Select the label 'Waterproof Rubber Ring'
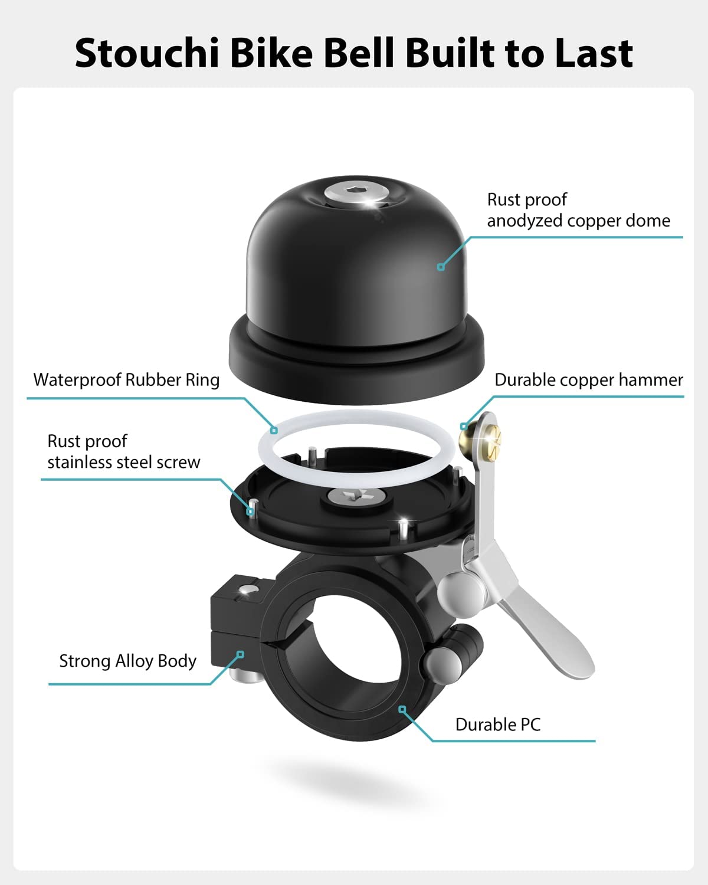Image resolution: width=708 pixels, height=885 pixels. [x=126, y=380]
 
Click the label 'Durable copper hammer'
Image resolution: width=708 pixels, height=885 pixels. [x=588, y=380]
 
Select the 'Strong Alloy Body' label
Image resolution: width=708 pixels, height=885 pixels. [x=127, y=661]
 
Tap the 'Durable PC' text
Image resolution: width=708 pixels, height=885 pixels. [x=497, y=725]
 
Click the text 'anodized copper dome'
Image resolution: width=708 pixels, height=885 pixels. [x=578, y=221]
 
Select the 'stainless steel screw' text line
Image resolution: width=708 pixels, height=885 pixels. [x=124, y=462]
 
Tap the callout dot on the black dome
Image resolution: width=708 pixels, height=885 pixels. [x=440, y=267]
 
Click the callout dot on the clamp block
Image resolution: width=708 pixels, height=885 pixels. [x=240, y=654]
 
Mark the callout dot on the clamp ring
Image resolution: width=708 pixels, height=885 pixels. [x=402, y=709]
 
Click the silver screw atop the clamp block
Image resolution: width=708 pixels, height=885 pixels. [x=243, y=591]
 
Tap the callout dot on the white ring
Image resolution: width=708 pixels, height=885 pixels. [x=274, y=430]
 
